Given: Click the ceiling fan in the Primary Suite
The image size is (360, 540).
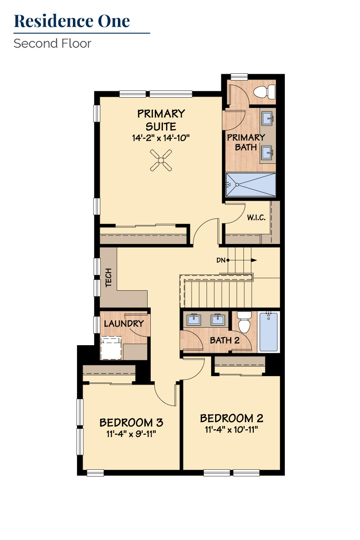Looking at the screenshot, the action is click(161, 160).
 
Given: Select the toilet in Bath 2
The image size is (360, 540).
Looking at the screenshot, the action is click(244, 322).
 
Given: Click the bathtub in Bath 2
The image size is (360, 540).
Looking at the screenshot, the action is click(269, 332).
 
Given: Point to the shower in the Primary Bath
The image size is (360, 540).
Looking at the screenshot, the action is click(251, 184).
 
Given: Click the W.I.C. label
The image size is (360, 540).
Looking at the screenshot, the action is click(256, 217).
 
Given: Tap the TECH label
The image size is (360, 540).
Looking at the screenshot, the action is click(108, 277).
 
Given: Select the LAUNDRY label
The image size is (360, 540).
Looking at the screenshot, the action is click(124, 324).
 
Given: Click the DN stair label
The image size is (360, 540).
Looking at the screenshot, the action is click(221, 260).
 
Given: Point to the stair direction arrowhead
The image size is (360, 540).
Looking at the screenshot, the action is click(254, 260).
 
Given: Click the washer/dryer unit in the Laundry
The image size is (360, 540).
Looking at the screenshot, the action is click(111, 348).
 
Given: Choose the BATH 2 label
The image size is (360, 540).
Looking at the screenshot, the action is click(225, 340).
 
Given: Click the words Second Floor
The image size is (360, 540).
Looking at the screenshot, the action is click(52, 44).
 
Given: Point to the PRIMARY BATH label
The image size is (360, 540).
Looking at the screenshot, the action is click(246, 142).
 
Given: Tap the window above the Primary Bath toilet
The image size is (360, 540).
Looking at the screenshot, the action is click(239, 76).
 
